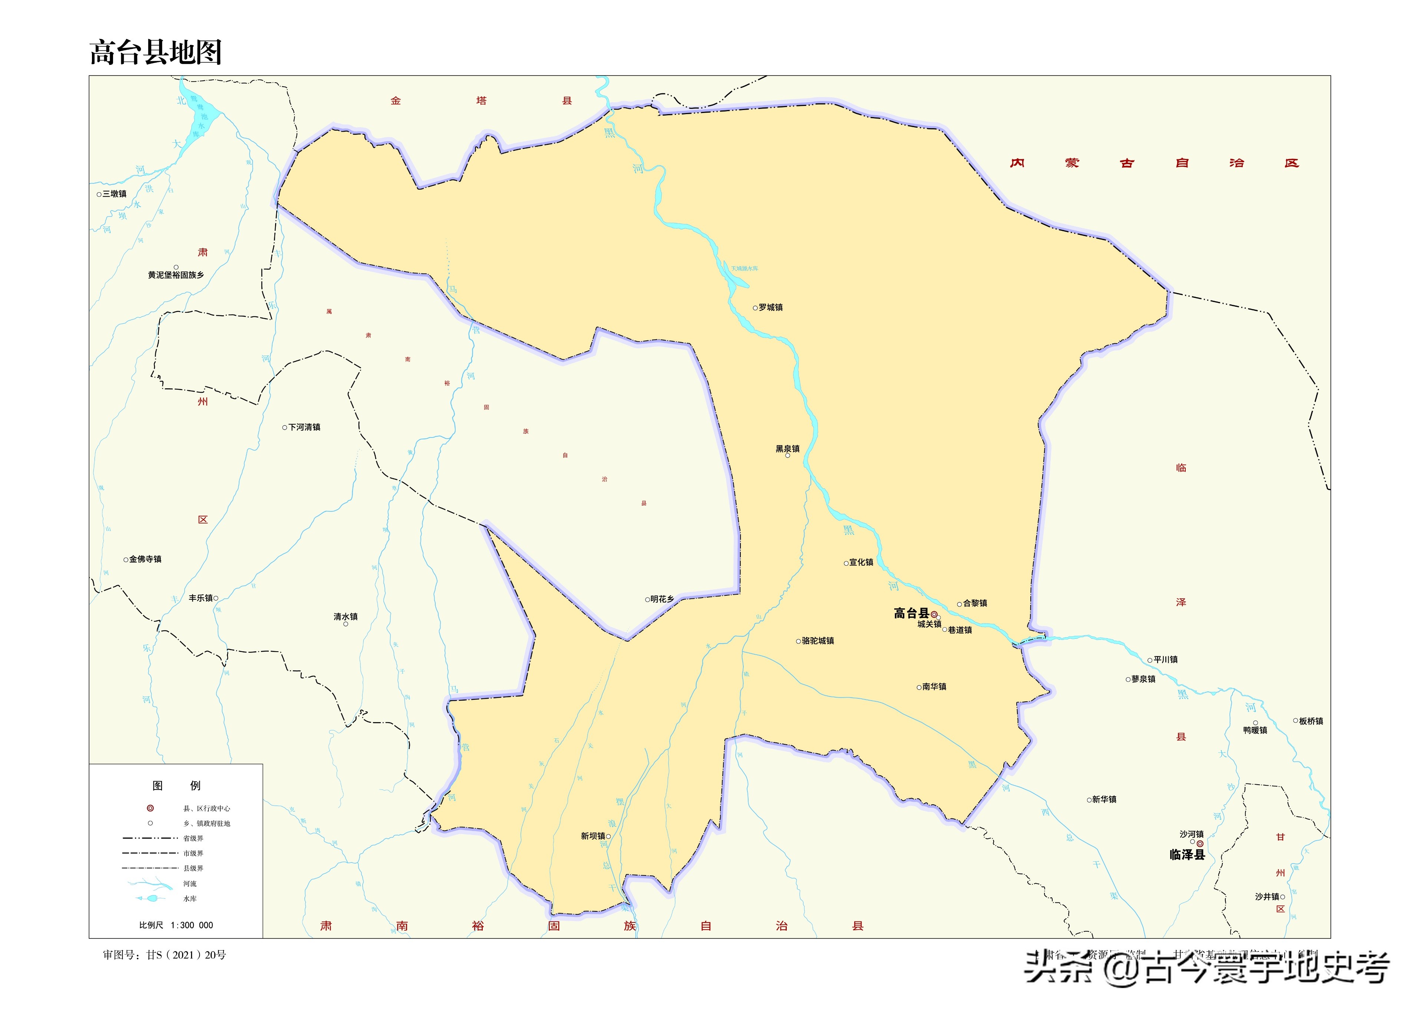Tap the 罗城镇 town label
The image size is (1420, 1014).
coord(770,307)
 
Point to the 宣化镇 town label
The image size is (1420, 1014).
coord(861,562)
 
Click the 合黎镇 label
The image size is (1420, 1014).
coord(975,603)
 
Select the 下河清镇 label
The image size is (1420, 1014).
coord(304,427)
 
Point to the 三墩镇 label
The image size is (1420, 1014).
coord(114,193)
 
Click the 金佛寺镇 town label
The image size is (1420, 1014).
coord(145,559)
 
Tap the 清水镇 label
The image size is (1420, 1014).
coord(346,616)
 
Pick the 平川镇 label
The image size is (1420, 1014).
coord(1165,659)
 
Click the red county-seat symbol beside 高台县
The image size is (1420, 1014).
coord(934,614)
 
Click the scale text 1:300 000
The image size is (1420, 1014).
coord(192,925)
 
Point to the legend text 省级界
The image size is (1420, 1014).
coord(193,838)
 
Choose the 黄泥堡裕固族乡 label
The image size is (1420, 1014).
coord(175,275)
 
